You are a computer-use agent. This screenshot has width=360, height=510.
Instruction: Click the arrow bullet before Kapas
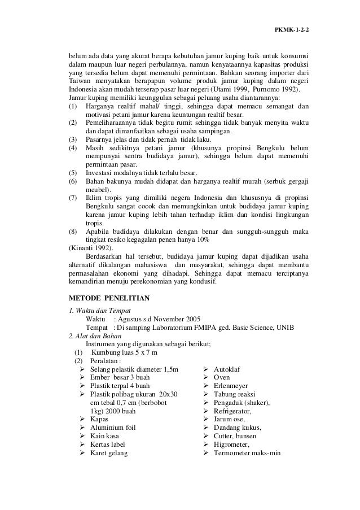[x=83, y=419]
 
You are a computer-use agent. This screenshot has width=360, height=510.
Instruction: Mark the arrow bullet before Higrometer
[x=206, y=445]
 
